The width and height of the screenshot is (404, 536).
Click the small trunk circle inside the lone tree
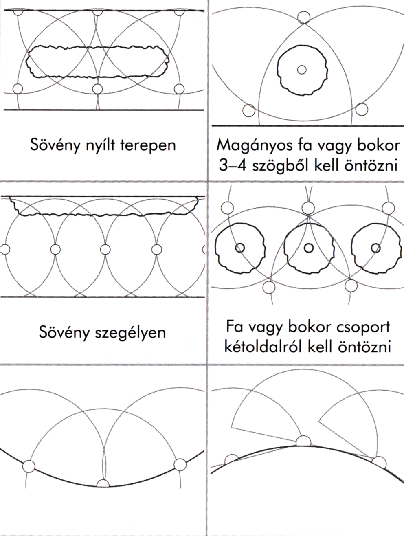(x=302, y=70)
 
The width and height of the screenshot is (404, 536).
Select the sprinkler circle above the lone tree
(x=304, y=18)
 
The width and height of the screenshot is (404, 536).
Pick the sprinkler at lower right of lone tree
(x=362, y=109)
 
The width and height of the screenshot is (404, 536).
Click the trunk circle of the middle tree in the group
(x=309, y=248)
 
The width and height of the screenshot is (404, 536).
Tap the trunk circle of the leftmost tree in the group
(x=240, y=248)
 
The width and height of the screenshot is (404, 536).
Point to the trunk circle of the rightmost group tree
(x=375, y=248)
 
